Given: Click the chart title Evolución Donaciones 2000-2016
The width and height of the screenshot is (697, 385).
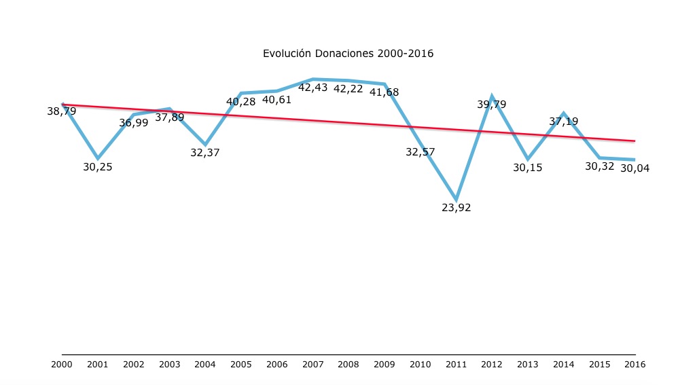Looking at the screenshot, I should [x=348, y=53].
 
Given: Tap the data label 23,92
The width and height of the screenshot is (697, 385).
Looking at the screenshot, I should [x=457, y=208].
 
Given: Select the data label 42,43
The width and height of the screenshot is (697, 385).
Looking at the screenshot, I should [x=312, y=88].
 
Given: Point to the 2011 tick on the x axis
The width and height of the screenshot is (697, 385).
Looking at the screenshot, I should [x=456, y=365].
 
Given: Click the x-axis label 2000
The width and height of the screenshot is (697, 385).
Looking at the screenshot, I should [x=62, y=365].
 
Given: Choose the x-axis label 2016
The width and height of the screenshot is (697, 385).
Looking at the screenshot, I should [x=635, y=365].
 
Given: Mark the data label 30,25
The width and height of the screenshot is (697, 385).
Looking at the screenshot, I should [x=98, y=167].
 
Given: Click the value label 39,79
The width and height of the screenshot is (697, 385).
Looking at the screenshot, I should [x=492, y=105].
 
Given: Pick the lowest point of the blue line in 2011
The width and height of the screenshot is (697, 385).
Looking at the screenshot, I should [x=456, y=200].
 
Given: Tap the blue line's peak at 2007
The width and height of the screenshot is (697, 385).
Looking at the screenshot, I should [x=313, y=79].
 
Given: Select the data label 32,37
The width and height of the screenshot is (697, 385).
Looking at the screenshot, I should [x=205, y=153].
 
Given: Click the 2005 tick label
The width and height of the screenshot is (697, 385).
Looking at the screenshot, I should [x=240, y=365].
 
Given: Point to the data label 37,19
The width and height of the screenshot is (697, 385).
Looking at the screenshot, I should [x=564, y=122].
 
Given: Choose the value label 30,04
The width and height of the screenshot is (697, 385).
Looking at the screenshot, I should [x=635, y=168].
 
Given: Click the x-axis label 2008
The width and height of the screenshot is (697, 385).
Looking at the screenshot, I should [x=348, y=365].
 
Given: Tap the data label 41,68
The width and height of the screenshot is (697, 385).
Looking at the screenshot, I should [x=385, y=92].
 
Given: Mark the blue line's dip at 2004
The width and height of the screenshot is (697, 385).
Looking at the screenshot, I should [x=205, y=145].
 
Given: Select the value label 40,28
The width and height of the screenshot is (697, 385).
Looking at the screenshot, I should [x=241, y=102].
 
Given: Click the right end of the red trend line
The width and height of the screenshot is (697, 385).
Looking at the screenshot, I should [x=635, y=141].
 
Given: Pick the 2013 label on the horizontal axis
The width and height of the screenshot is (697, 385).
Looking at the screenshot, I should [x=528, y=365].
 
